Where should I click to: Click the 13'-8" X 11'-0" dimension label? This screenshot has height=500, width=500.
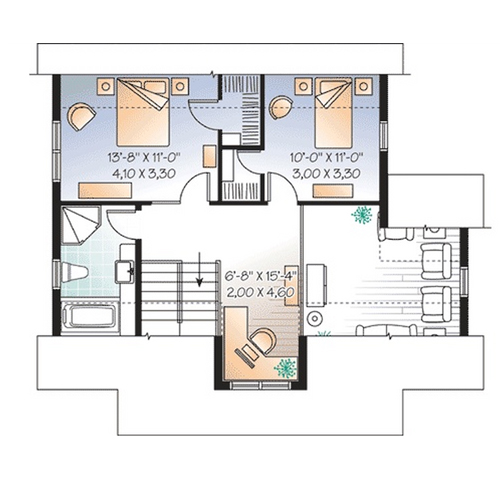pyautogui.click(x=144, y=157)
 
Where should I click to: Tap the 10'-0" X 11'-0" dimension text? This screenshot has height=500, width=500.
pyautogui.click(x=326, y=157)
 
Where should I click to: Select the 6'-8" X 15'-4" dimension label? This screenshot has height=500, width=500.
pyautogui.click(x=261, y=276)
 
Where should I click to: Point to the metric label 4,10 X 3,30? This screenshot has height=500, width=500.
pyautogui.click(x=144, y=173)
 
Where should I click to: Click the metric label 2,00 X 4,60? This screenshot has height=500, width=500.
pyautogui.click(x=260, y=292)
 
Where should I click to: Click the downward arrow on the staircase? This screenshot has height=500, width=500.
pyautogui.click(x=199, y=269)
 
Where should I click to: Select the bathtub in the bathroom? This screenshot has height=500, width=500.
pyautogui.click(x=90, y=316)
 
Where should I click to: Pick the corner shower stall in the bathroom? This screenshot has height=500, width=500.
pyautogui.click(x=81, y=225)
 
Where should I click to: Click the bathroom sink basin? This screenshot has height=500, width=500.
pyautogui.click(x=124, y=271)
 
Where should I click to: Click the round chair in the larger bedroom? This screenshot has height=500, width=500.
pyautogui.click(x=81, y=116)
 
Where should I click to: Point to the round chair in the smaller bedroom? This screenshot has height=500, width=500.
pyautogui.click(x=280, y=107)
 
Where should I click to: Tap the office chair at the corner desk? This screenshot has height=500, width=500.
pyautogui.click(x=263, y=341)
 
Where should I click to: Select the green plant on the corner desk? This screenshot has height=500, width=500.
pyautogui.click(x=285, y=368)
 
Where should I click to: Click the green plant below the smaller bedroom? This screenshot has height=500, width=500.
pyautogui.click(x=361, y=215)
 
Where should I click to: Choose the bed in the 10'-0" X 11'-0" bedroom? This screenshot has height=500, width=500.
pyautogui.click(x=333, y=113)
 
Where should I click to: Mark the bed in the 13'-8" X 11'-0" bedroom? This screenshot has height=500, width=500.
pyautogui.click(x=143, y=112)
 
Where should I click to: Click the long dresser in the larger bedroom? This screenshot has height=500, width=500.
pyautogui.click(x=105, y=191)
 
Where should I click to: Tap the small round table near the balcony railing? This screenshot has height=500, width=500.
pyautogui.click(x=314, y=319)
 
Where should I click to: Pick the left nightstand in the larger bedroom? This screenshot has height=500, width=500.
pyautogui.click(x=106, y=87)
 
